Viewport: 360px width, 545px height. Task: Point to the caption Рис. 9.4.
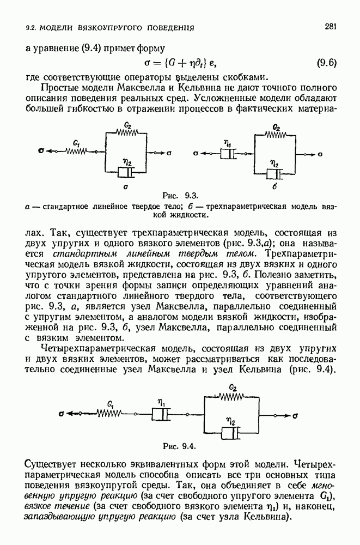[x=182, y=445]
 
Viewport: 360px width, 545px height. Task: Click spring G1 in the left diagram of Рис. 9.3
[x=77, y=152]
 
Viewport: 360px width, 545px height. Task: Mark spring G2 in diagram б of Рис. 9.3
[x=276, y=134]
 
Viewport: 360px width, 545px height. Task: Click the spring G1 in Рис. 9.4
[x=109, y=415]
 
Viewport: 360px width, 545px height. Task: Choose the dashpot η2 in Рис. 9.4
[x=231, y=433]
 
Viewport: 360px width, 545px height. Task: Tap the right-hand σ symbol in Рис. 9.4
[x=295, y=415]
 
